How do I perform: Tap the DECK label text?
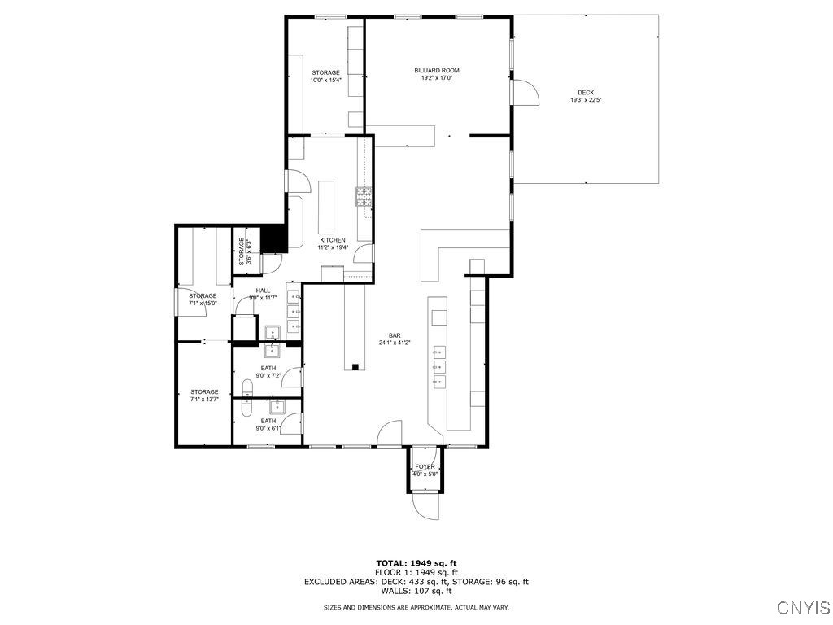tap(585, 92)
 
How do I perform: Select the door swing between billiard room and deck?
tap(526, 93)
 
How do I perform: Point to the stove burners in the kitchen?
tap(363, 196)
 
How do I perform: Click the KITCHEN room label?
tap(333, 240)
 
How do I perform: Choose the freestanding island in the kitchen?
tap(328, 207)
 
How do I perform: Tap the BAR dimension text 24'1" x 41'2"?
tap(395, 343)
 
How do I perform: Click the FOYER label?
tap(425, 467)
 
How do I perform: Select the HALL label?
tap(263, 291)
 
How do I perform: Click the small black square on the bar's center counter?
tap(355, 368)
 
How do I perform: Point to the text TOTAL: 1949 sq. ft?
tap(416, 563)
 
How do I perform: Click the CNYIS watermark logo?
tap(803, 608)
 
